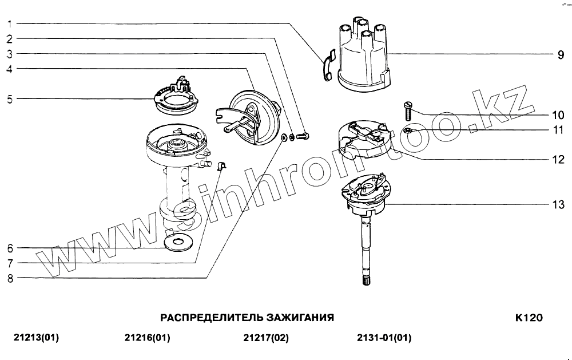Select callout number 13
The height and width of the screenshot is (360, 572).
[x=558, y=204]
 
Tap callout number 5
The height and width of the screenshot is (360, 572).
[x=10, y=99]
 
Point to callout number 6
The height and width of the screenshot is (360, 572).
[x=10, y=249]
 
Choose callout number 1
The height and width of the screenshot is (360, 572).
[x=10, y=24]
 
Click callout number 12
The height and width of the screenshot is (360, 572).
[x=558, y=160]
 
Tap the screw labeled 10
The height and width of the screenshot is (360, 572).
[x=408, y=109]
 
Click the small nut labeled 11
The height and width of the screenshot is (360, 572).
[x=408, y=132]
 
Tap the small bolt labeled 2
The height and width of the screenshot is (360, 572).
[x=304, y=136]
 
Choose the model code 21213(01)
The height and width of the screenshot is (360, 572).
[x=35, y=338]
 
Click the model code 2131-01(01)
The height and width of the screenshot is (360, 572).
[x=383, y=338]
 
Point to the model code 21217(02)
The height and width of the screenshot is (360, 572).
[x=266, y=338]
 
